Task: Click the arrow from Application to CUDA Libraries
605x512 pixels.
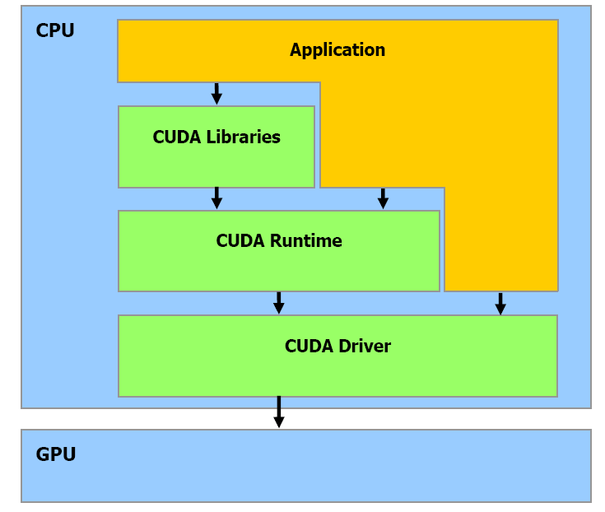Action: [x=216, y=93]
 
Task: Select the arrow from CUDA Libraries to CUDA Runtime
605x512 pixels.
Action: [x=216, y=198]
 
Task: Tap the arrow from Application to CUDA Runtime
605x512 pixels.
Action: [x=383, y=198]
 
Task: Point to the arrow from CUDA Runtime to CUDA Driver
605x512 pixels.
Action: [x=279, y=302]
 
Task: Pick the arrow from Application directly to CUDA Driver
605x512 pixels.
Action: [x=500, y=303]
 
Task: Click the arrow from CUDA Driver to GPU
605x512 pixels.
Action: [x=279, y=412]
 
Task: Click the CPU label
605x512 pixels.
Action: [x=55, y=31]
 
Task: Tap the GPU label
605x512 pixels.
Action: [x=56, y=454]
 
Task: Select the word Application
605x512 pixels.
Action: [x=337, y=50]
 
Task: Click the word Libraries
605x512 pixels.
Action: [x=244, y=137]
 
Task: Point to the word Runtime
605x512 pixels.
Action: [x=307, y=241]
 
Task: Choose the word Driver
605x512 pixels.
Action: [x=364, y=347]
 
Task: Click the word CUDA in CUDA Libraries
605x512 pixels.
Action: [x=176, y=137]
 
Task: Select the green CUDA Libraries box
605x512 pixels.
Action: [x=216, y=165]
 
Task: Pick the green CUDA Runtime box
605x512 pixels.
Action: [x=278, y=268]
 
